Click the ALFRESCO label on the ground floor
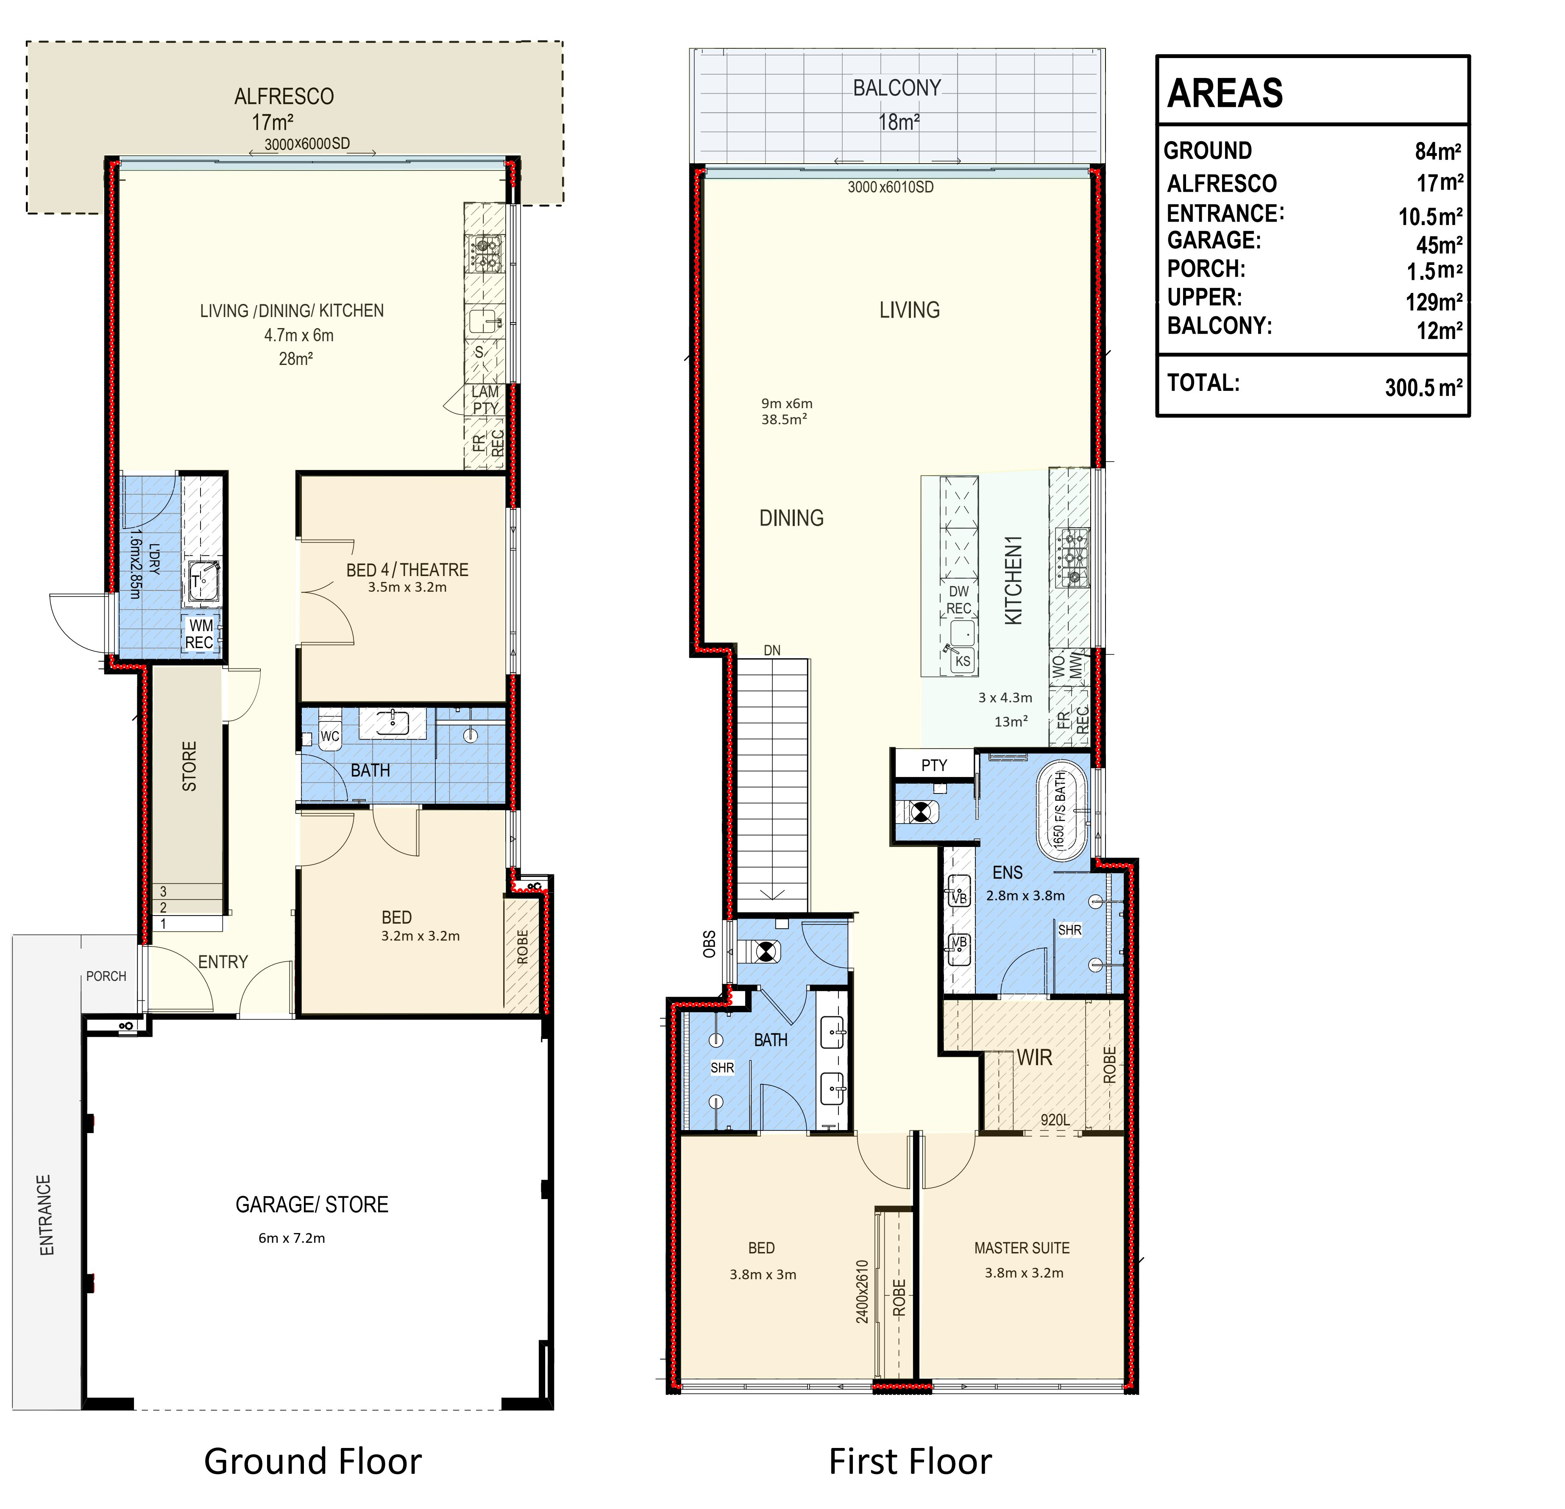tap(284, 97)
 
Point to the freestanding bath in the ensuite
tap(1062, 812)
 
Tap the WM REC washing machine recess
tap(200, 634)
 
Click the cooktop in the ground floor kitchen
tap(485, 252)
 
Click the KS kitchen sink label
tap(963, 661)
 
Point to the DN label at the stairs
tap(772, 651)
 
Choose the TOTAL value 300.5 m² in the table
tap(1424, 387)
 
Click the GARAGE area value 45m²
tap(1440, 244)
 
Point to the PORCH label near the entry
tap(106, 976)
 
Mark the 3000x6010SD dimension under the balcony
tap(890, 187)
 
